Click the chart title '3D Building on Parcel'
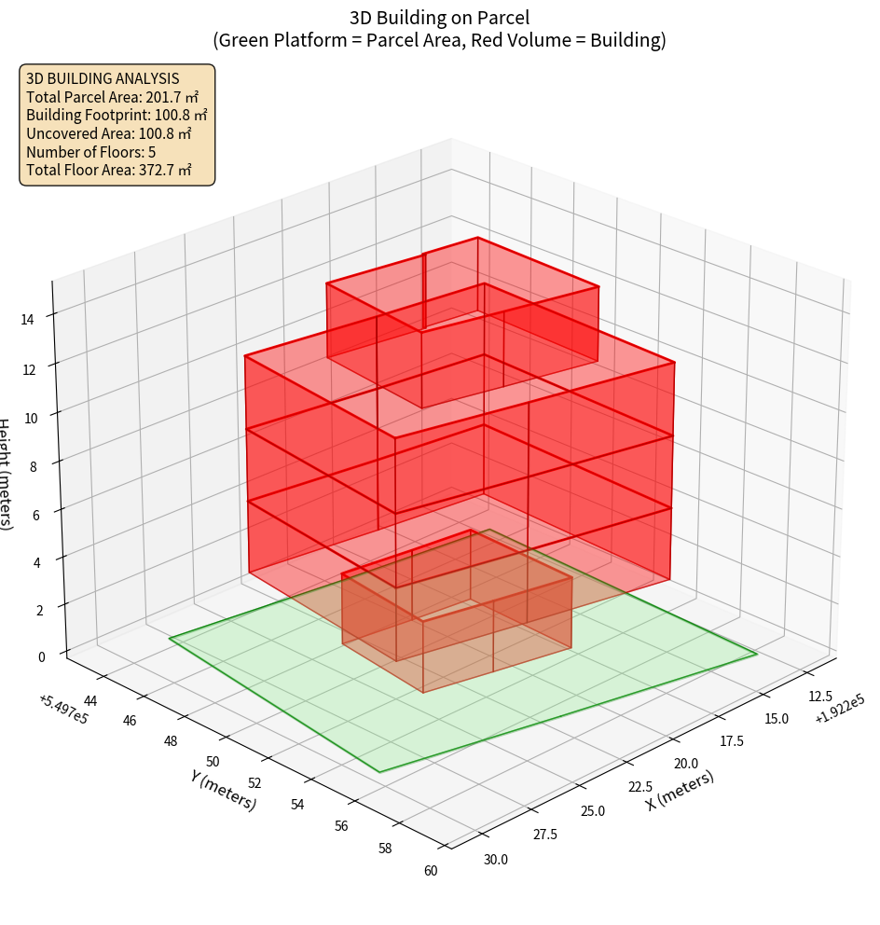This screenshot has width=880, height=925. (x=439, y=17)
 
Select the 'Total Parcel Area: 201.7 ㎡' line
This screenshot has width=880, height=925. (x=113, y=97)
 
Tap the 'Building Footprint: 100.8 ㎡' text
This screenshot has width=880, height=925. (x=117, y=115)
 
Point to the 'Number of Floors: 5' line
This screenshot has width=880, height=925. (x=90, y=152)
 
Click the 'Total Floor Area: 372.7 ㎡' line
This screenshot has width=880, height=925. (x=109, y=170)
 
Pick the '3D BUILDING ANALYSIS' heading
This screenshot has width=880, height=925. (x=103, y=78)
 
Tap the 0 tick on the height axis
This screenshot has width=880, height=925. (x=41, y=656)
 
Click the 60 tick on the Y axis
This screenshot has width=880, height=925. (x=430, y=871)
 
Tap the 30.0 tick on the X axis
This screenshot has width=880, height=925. (x=496, y=859)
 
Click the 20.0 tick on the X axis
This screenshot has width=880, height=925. (x=685, y=764)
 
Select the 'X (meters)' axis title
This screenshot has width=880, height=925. (x=681, y=790)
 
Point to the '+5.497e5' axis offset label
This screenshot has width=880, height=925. (x=63, y=710)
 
